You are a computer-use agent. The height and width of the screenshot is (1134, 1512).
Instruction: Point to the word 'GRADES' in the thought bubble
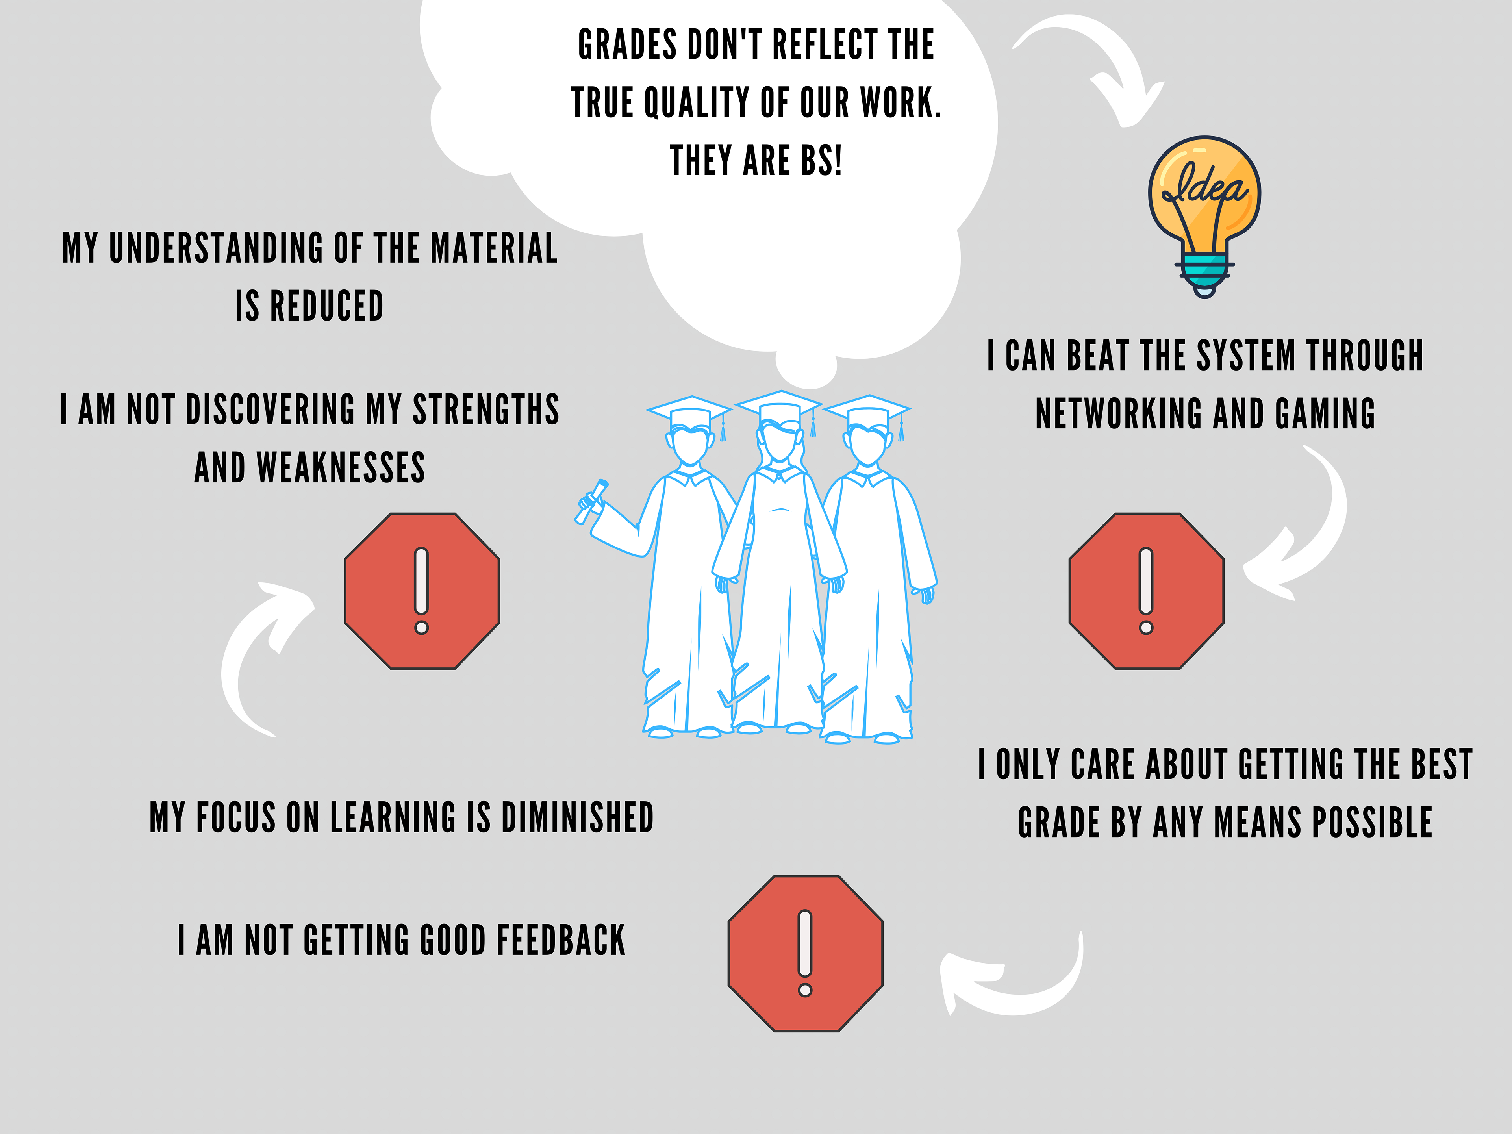click(x=628, y=45)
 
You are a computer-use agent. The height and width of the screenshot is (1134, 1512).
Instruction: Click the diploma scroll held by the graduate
click(x=592, y=501)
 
